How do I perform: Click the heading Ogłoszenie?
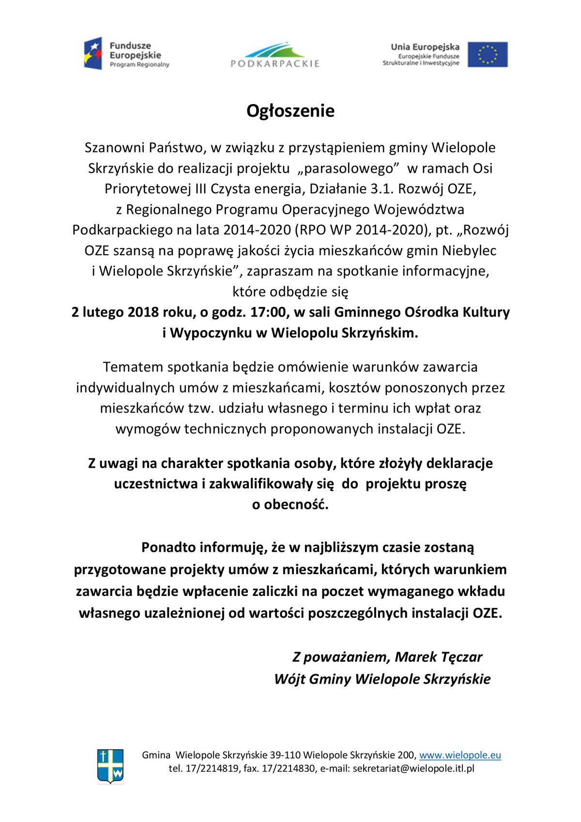point(290,111)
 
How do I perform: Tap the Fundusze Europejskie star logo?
point(93,53)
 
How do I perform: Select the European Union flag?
point(488,54)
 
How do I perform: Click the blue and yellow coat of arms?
point(110,766)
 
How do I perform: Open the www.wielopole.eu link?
point(460,755)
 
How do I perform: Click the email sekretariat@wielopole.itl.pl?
point(413,768)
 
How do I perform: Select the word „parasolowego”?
point(348,168)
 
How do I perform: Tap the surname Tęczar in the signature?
point(461,657)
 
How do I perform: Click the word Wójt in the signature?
point(289,679)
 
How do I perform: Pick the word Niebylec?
point(469,251)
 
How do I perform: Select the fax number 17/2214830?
point(289,768)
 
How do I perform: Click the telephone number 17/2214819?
point(212,768)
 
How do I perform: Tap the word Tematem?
point(133,367)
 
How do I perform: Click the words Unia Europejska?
point(425,47)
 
